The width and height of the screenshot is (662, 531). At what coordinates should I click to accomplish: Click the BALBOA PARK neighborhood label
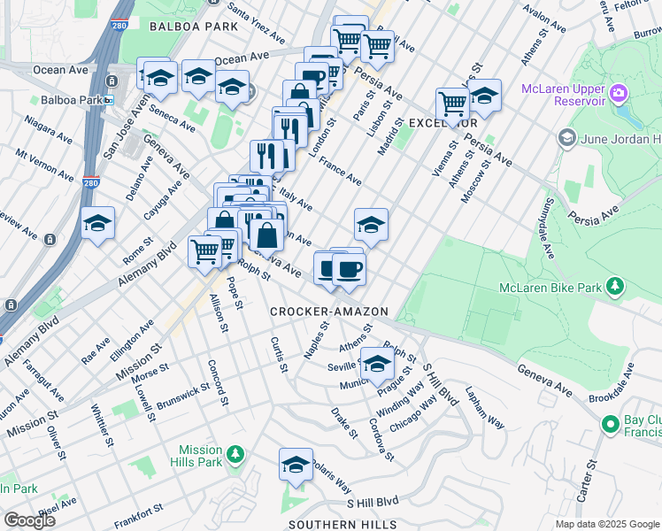coord(193,27)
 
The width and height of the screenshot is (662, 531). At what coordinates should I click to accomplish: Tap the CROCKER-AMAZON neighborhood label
coord(329,312)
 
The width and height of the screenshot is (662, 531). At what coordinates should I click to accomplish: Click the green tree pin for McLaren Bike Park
coord(612,287)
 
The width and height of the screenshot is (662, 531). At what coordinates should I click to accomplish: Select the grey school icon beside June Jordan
coord(566,138)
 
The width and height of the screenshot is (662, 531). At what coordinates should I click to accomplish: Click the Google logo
coord(28,519)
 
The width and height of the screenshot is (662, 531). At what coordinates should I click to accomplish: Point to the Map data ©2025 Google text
coord(607,524)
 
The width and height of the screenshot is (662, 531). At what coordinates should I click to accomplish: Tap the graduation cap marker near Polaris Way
coord(296,463)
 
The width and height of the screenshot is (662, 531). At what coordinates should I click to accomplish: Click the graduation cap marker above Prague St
coord(378,361)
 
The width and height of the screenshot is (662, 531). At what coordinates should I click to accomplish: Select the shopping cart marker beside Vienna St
coord(452,103)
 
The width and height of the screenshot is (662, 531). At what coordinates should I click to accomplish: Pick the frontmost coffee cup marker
coord(349,269)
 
